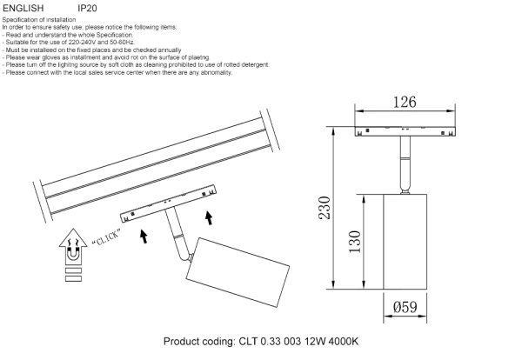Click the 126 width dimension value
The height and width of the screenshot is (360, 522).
point(401,103)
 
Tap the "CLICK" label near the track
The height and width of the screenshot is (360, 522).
point(104,237)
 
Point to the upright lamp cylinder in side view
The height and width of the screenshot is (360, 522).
point(406,242)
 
